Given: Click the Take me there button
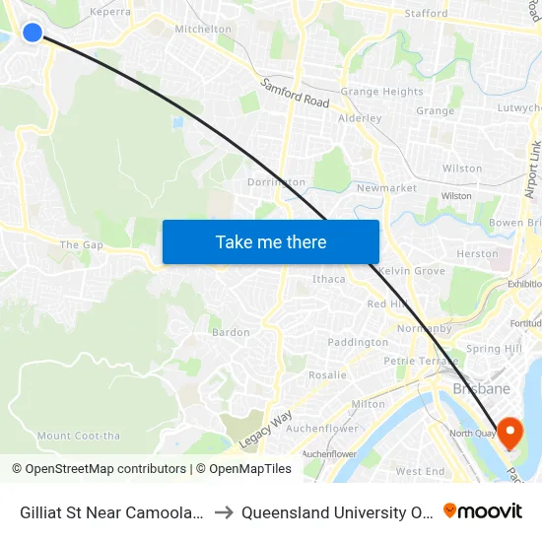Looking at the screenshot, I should tap(271, 241).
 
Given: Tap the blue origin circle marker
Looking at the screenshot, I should tap(33, 33).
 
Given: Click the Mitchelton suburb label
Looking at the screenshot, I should tap(203, 30).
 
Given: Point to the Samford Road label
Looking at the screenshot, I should tap(296, 95).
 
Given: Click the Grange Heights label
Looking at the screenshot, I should tap(381, 92).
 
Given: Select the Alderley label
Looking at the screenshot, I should tap(360, 118).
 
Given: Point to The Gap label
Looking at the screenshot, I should tap(81, 244).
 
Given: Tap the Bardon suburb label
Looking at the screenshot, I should tap(231, 332).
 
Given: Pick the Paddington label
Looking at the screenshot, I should tap(358, 342).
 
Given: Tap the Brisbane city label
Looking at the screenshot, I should tap(481, 389).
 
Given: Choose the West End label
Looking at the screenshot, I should tap(420, 472).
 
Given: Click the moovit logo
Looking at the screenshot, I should tap(483, 511).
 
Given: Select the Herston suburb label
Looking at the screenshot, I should tap(478, 253).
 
